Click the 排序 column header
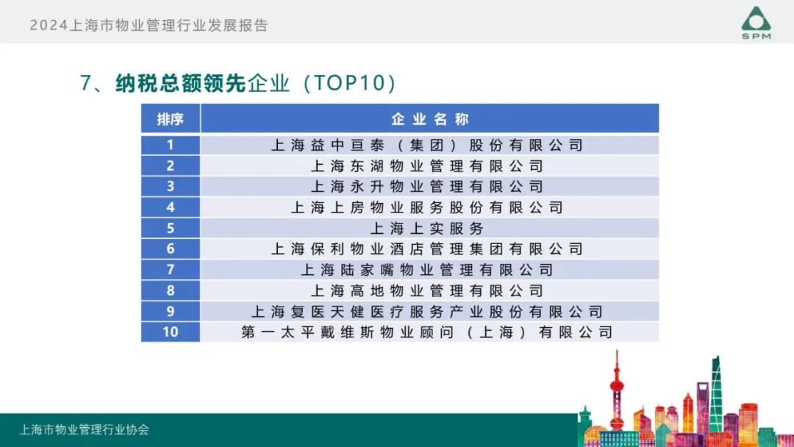click(170, 119)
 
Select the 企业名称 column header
click(429, 119)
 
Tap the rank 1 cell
click(170, 145)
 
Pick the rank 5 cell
click(170, 228)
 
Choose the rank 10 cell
click(170, 332)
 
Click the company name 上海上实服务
click(427, 228)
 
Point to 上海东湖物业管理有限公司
click(427, 166)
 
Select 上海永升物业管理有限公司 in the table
click(427, 187)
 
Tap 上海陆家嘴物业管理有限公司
click(427, 270)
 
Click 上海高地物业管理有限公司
click(427, 290)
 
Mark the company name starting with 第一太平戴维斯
click(427, 332)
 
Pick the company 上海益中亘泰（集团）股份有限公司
click(427, 146)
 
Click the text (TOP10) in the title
click(346, 83)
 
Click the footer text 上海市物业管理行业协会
click(84, 429)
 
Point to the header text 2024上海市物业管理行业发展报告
click(149, 26)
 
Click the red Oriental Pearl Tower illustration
click(616, 393)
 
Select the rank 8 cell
click(170, 290)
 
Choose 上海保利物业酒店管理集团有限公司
click(427, 249)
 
